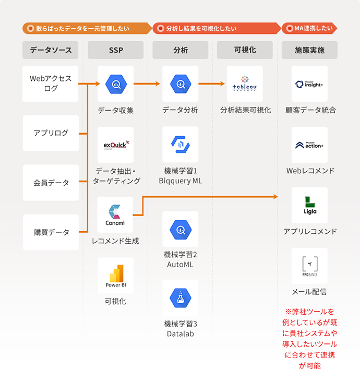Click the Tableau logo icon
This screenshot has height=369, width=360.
245,84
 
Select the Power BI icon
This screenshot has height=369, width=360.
115,275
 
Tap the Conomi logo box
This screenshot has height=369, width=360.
115,215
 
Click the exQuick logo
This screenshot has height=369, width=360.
115,145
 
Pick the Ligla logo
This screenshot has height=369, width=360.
309,205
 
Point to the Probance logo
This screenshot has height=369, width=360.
309,266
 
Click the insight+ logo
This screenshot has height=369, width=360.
309,84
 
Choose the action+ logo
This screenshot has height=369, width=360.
309,145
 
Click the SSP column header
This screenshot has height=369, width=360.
115,50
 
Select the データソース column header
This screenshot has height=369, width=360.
51,50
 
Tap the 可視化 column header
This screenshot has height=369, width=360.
245,50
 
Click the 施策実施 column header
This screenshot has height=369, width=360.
309,50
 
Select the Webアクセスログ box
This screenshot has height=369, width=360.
51,84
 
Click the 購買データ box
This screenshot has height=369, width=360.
51,232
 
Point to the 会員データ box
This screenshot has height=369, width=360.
51,183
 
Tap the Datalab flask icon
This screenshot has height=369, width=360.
180,298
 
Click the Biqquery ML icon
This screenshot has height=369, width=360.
180,145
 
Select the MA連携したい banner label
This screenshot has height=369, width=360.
309,28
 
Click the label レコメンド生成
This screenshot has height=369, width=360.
115,241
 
